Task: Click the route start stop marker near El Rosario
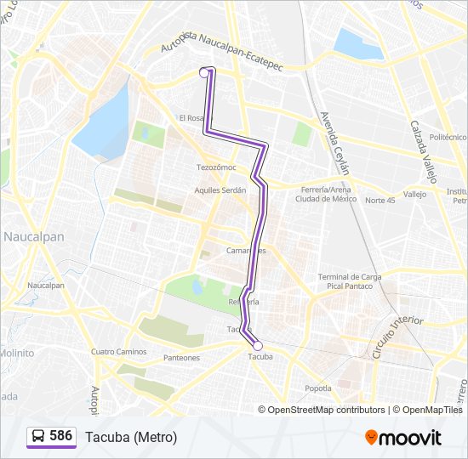[x=204, y=73]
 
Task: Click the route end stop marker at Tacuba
[x=257, y=345]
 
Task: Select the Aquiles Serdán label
[x=220, y=190]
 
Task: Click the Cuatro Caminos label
[x=118, y=351]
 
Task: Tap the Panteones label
[x=181, y=358]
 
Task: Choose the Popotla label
[x=318, y=388]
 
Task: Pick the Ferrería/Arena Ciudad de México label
[x=324, y=194]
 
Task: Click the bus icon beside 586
[x=38, y=437]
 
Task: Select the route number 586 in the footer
[x=61, y=436]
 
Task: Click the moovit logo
[x=403, y=438]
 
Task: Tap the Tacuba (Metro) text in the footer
[x=131, y=437]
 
